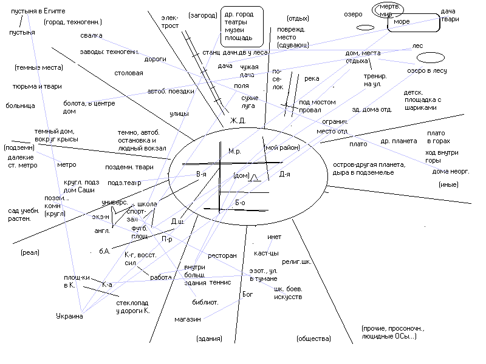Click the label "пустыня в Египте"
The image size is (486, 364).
(x=38, y=12)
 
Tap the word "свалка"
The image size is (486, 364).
(x=91, y=35)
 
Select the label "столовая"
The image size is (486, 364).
(x=129, y=73)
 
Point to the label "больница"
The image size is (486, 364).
(x=21, y=106)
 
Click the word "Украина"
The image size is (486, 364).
(x=69, y=315)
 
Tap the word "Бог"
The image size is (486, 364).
(x=247, y=294)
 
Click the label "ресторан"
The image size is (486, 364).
(x=222, y=256)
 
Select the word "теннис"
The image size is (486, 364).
(x=219, y=282)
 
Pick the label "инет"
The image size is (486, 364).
(x=275, y=237)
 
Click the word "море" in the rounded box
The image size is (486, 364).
(x=402, y=22)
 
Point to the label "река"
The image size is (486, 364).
(x=312, y=78)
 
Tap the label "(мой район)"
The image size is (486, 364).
(x=282, y=147)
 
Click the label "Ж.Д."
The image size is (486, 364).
(x=238, y=121)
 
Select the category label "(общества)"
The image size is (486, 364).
(x=313, y=338)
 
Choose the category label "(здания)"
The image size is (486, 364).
(x=208, y=338)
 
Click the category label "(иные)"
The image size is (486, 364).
(x=448, y=184)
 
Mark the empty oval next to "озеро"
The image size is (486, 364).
(x=364, y=27)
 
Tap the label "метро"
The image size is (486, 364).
(x=66, y=164)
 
